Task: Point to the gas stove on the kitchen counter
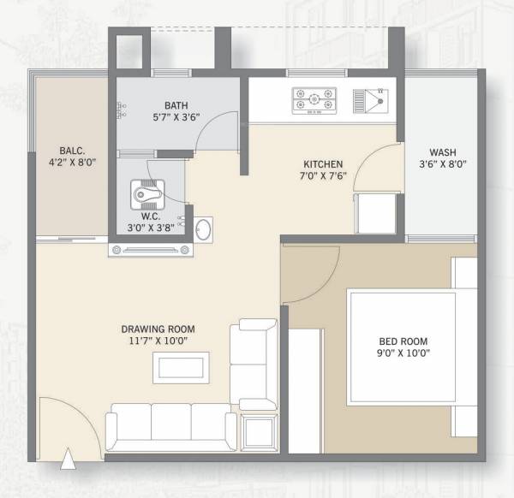click(x=314, y=100)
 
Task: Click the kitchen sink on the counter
click(x=374, y=100)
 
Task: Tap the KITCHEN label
click(x=323, y=163)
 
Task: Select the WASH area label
click(x=443, y=154)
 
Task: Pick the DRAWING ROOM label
click(x=158, y=329)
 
